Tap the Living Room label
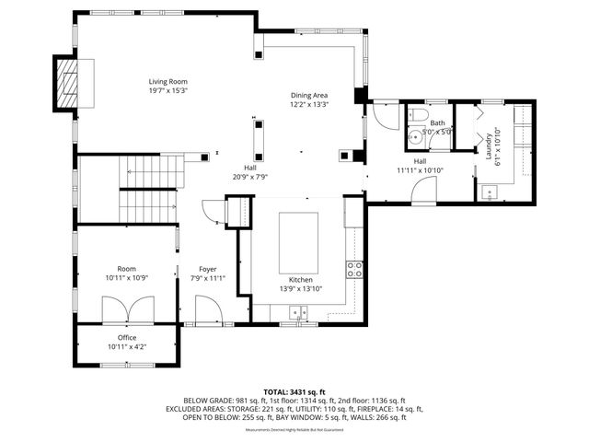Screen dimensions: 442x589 pos(168,81)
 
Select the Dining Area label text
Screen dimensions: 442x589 pos(309,95)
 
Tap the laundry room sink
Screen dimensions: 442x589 pos(489,192)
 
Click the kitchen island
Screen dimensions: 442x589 pos(299,238)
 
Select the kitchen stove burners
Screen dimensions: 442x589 pos(354,269)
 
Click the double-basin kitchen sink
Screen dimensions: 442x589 pos(297,313)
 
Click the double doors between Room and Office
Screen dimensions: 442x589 pos(124,310)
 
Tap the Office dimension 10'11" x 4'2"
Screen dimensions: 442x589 pos(127,347)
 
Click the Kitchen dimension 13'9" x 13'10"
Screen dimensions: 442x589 pos(301,289)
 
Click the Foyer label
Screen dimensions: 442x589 pos(208,268)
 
